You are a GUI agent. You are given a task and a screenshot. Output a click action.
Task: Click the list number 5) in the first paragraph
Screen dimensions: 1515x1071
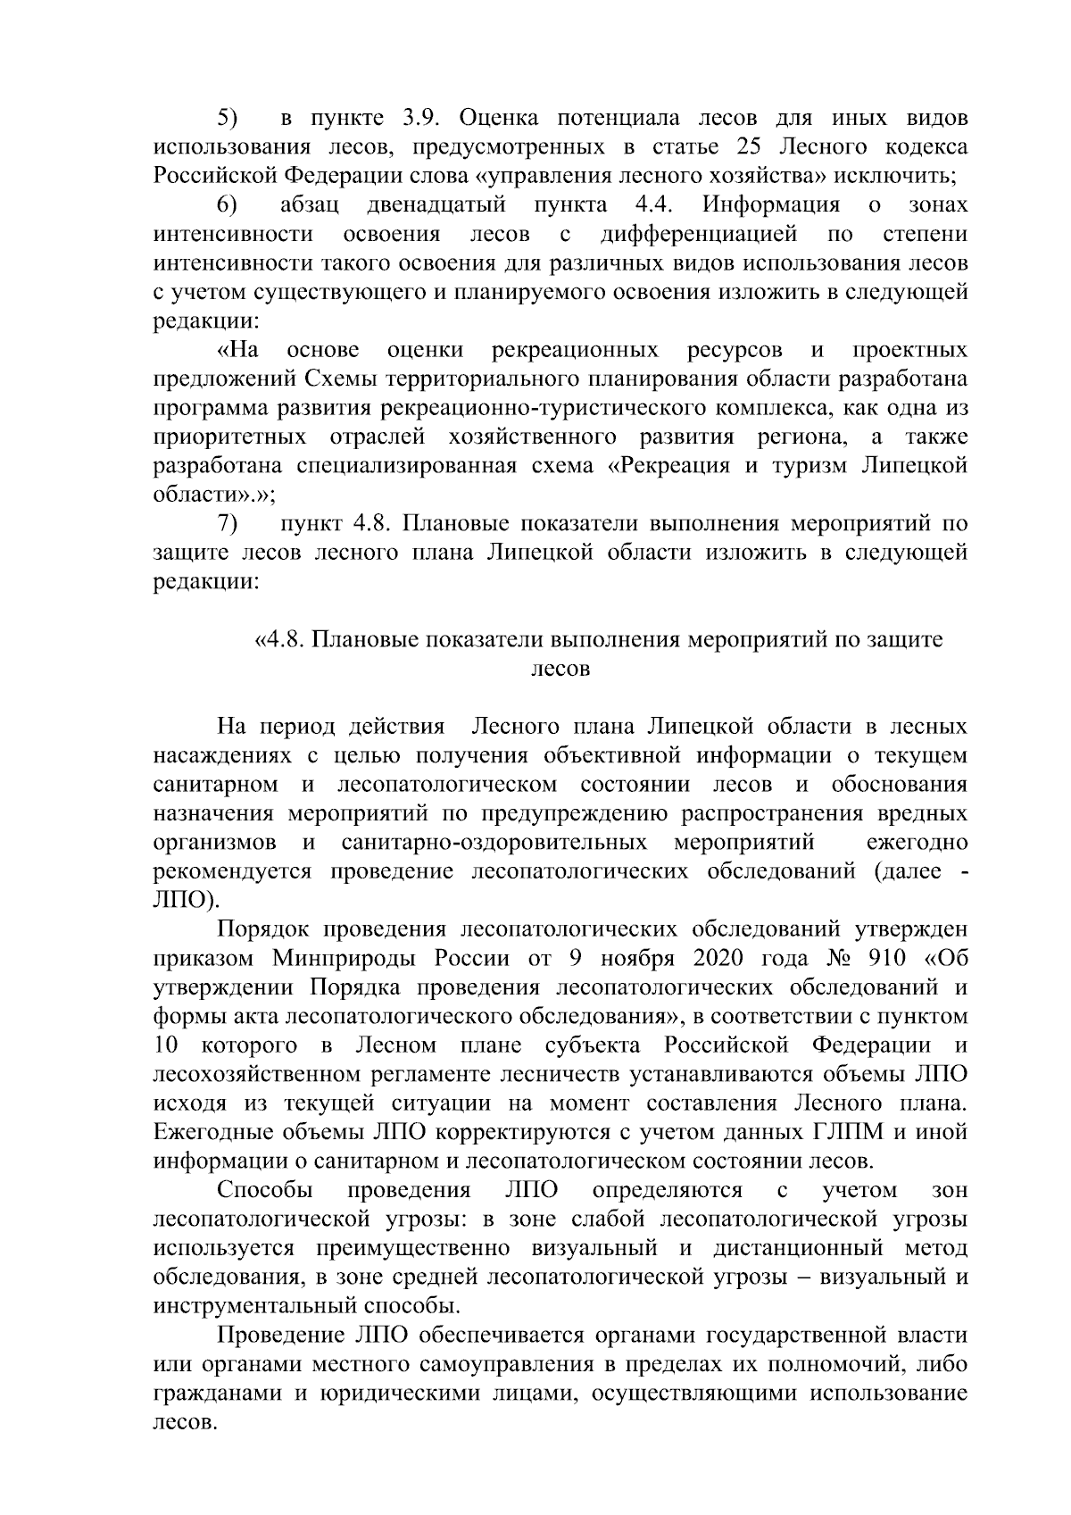tap(228, 118)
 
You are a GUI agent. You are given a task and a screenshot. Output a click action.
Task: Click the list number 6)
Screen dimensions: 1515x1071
tap(228, 205)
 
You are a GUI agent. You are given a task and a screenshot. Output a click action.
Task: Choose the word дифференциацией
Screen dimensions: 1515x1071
tap(699, 234)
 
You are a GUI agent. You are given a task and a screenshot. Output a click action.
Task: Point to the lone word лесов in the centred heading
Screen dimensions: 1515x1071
tap(560, 670)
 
